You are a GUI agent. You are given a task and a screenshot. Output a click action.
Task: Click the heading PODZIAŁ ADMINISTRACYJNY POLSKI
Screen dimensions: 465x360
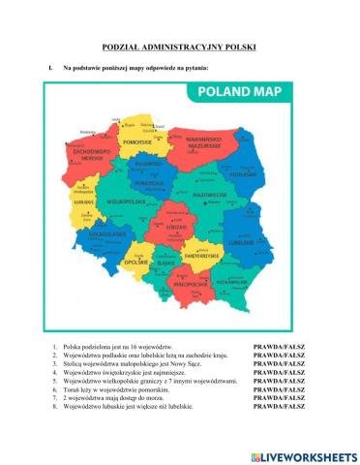click(179, 46)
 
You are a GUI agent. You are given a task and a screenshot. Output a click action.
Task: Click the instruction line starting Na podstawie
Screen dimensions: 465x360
click(135, 69)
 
